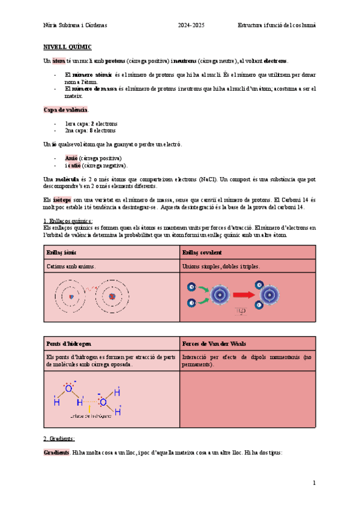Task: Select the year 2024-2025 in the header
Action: pyautogui.click(x=191, y=25)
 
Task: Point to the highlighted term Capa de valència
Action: pyautogui.click(x=66, y=110)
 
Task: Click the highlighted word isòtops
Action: pyautogui.click(x=62, y=199)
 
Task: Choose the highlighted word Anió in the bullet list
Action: pyautogui.click(x=71, y=158)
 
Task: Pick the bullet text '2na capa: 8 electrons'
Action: pyautogui.click(x=90, y=130)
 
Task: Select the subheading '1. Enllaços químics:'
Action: pyautogui.click(x=68, y=221)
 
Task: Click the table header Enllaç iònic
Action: pyautogui.click(x=61, y=253)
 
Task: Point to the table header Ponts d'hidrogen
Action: pyautogui.click(x=68, y=343)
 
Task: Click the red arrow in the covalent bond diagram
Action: pyautogui.click(x=242, y=295)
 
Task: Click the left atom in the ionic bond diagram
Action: pyautogui.click(x=71, y=296)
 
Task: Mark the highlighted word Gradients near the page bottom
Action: pyautogui.click(x=57, y=452)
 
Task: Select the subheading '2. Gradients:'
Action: pyautogui.click(x=59, y=439)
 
